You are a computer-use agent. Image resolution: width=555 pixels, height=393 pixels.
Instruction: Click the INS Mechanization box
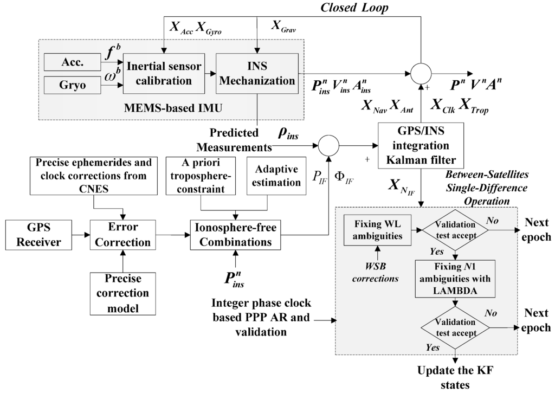(x=257, y=73)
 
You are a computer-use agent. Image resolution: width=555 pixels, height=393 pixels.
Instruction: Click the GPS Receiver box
(x=38, y=235)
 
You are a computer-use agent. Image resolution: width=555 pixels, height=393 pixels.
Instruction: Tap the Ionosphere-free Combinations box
(x=233, y=235)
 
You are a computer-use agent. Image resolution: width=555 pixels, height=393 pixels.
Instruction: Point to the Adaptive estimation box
(x=276, y=176)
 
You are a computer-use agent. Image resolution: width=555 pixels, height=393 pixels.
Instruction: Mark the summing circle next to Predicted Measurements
(x=328, y=145)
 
